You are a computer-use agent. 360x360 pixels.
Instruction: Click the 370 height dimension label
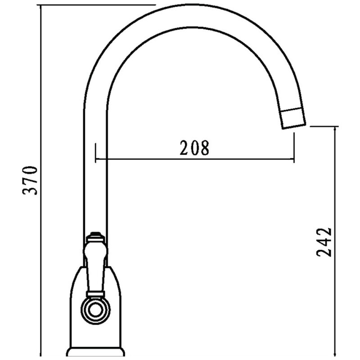coord(30,180)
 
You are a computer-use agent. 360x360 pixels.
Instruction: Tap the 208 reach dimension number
coord(195,148)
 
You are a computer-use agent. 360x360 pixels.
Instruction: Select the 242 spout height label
coord(324,242)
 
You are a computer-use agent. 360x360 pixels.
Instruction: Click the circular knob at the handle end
coord(95,310)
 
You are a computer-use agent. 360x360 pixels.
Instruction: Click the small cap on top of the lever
coord(95,235)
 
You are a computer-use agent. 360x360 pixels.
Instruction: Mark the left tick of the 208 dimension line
coord(95,153)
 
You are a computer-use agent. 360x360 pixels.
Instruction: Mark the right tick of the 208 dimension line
coord(294,148)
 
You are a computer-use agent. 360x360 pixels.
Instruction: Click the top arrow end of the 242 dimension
coord(335,127)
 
